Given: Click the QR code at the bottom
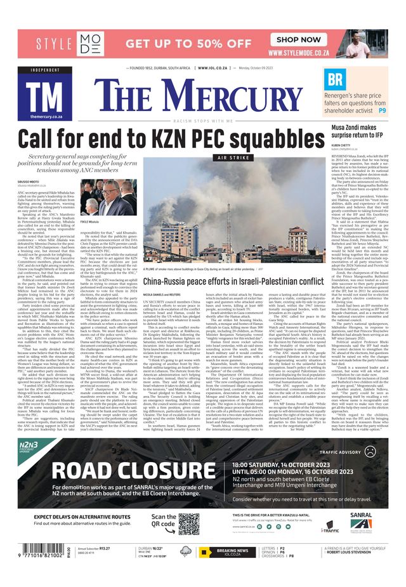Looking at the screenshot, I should coord(189,525).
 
